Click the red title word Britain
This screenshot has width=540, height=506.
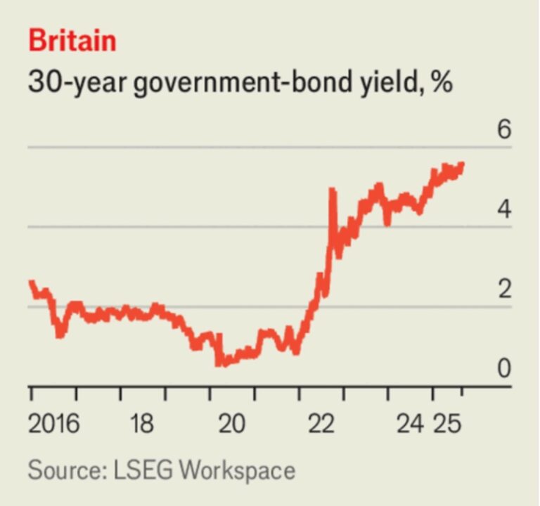tap(72, 41)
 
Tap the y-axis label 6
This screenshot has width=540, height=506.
tap(504, 131)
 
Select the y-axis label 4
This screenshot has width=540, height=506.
tap(504, 210)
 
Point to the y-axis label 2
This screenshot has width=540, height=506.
tap(504, 290)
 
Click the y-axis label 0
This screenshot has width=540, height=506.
tap(504, 368)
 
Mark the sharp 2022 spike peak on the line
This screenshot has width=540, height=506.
tap(331, 190)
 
